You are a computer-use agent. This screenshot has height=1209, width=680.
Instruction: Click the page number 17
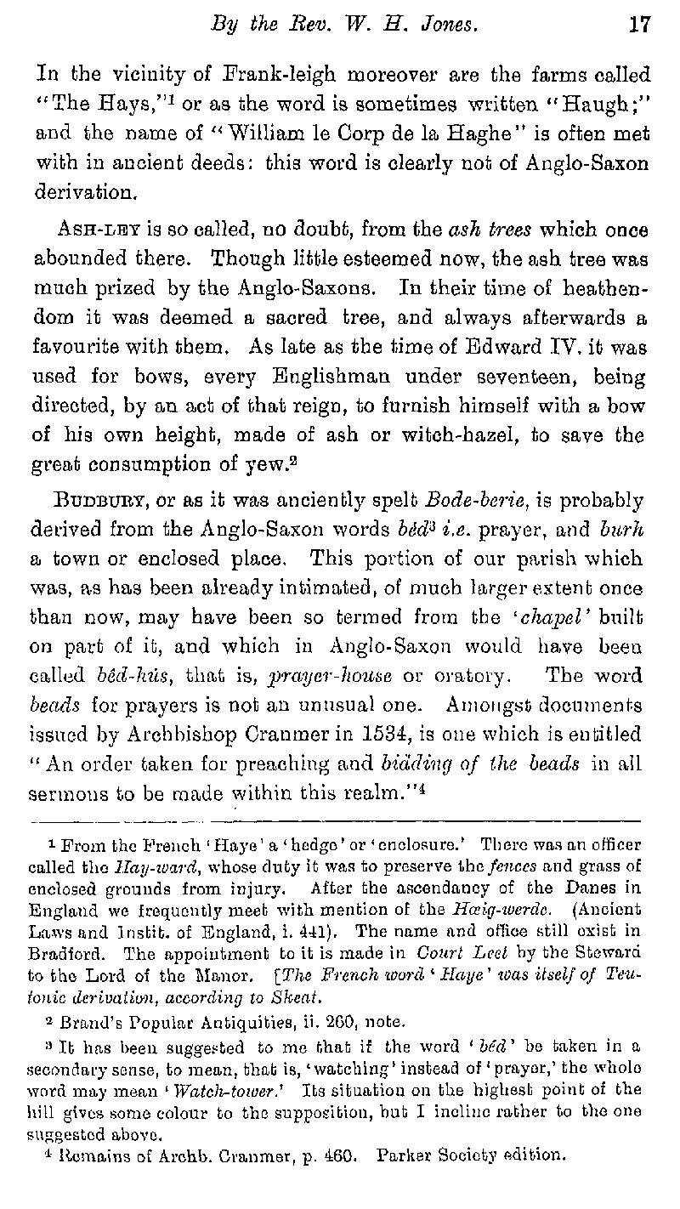point(638,26)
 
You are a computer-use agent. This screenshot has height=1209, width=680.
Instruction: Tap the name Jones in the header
point(446,26)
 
